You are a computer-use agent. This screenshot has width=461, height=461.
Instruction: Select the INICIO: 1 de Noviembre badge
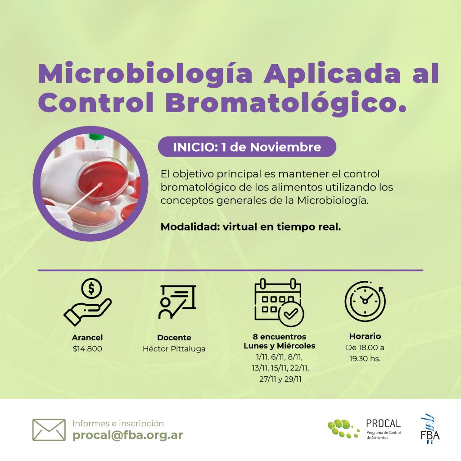click(x=247, y=147)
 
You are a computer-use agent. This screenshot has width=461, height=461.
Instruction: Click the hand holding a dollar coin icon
click(x=88, y=302)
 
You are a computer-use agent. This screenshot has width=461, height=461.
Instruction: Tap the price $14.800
click(x=87, y=349)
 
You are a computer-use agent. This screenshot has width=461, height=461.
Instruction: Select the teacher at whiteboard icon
click(x=177, y=302)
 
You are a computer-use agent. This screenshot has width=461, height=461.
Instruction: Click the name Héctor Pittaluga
click(x=174, y=349)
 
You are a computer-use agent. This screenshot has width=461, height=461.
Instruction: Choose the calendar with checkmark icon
click(x=279, y=302)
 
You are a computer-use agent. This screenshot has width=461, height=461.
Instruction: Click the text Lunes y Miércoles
click(x=279, y=346)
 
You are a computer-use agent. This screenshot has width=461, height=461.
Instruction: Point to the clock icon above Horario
click(x=365, y=301)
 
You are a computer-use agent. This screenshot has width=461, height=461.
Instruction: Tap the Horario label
click(x=365, y=336)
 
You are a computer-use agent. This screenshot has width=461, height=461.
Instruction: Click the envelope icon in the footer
click(x=49, y=430)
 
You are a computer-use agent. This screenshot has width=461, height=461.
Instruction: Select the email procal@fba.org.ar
click(x=127, y=435)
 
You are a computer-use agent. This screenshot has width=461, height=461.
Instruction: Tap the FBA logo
click(x=430, y=429)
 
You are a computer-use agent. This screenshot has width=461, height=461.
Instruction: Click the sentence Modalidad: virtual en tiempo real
click(x=251, y=227)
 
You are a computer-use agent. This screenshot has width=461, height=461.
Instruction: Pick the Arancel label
click(x=87, y=338)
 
